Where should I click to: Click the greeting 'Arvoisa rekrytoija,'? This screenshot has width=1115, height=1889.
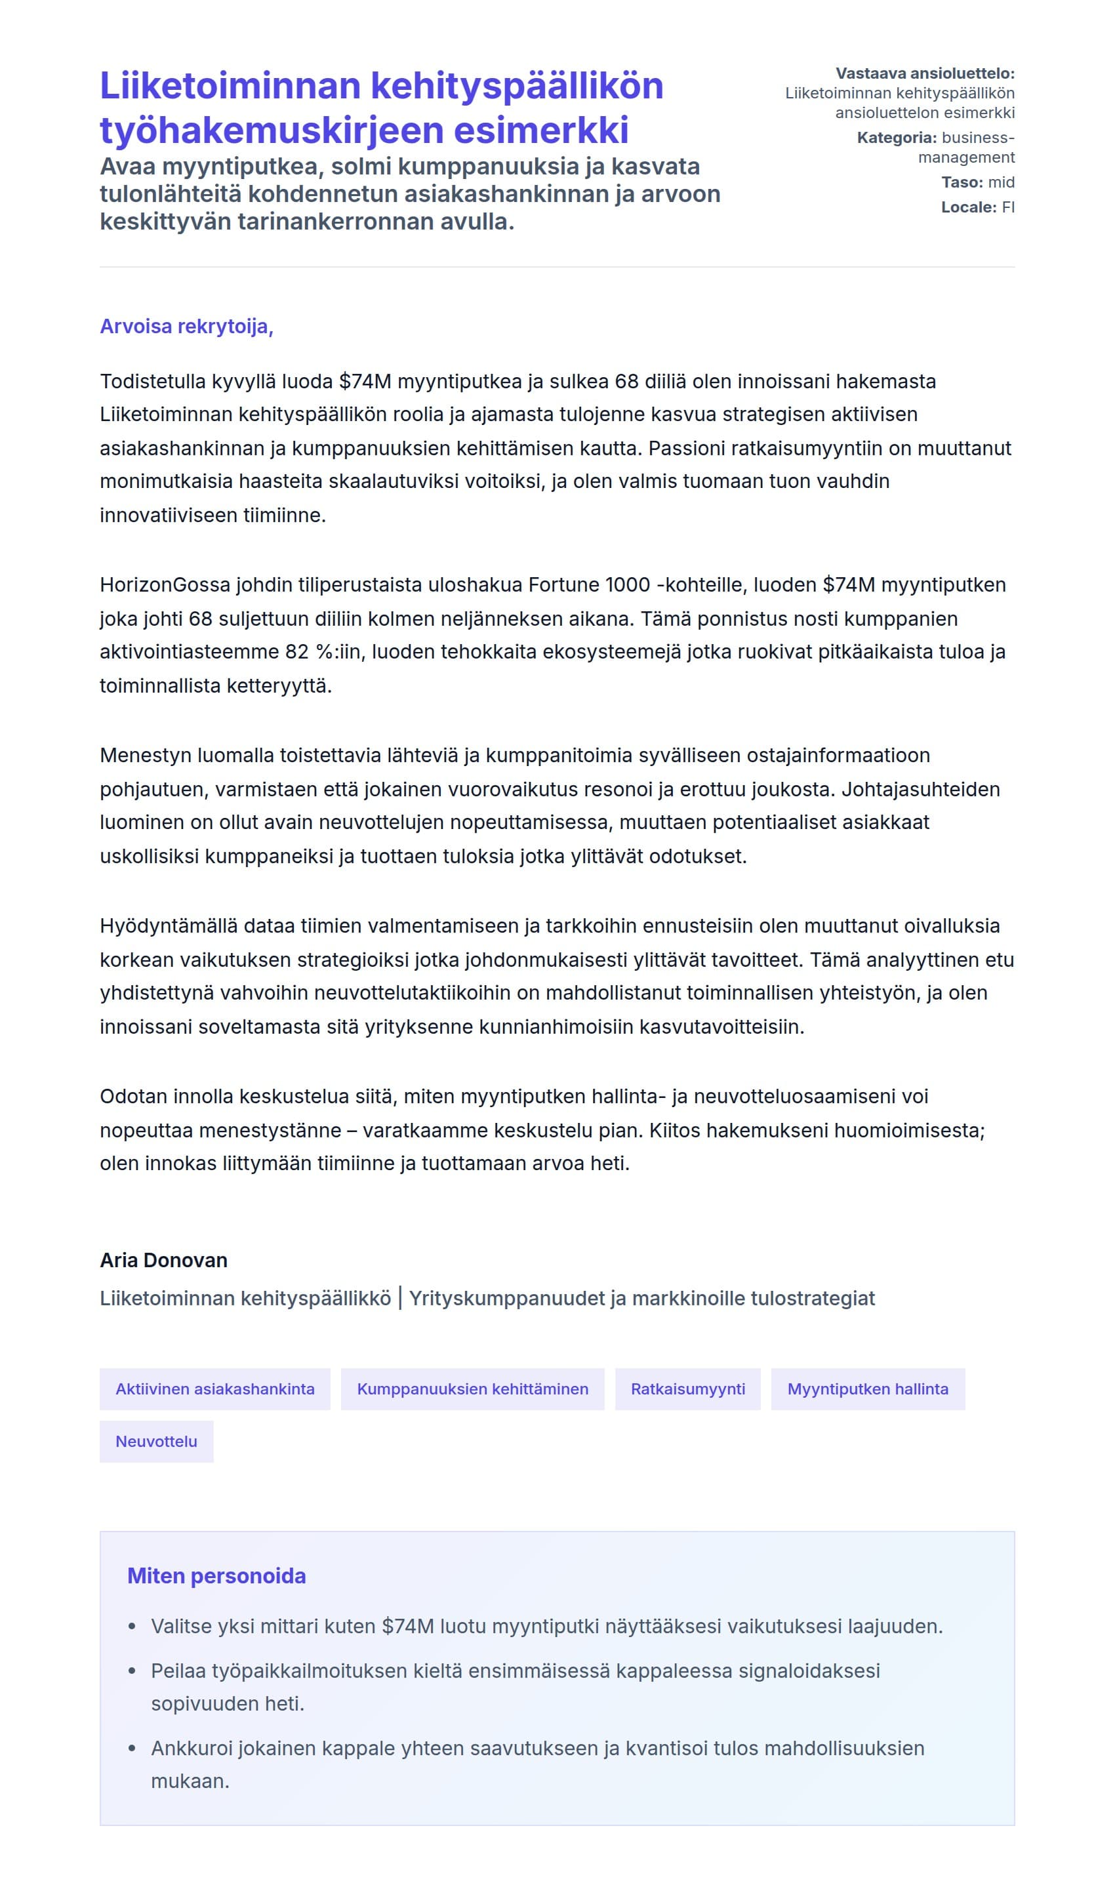coord(186,326)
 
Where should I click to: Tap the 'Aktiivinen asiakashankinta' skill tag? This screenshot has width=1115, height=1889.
coord(215,1389)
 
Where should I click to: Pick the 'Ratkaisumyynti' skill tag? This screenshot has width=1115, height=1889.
coord(687,1389)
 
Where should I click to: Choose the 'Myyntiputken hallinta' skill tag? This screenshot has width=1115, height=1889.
coord(867,1389)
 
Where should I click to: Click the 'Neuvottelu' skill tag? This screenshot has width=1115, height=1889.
coord(156,1441)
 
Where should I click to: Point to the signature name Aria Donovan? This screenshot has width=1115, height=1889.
coord(164,1260)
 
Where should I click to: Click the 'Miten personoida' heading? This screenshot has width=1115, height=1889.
coord(216,1575)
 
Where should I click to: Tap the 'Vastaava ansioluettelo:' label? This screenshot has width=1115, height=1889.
coord(925,73)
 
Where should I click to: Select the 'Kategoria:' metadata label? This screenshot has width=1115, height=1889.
coord(897,138)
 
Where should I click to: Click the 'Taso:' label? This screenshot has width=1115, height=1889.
coord(962,182)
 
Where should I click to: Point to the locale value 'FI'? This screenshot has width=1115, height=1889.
coord(1007,207)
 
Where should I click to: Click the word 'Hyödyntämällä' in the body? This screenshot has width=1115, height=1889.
coord(169,925)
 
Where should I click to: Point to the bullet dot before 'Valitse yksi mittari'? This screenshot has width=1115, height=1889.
coord(132,1627)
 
